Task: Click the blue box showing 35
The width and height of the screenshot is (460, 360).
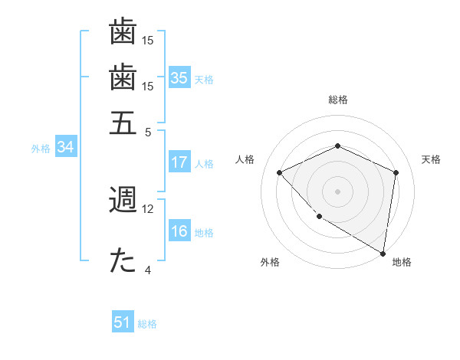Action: [179, 78]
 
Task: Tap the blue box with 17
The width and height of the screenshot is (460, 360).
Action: [179, 162]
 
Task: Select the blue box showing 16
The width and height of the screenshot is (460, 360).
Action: [179, 232]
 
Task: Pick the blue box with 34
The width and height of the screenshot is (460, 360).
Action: [65, 148]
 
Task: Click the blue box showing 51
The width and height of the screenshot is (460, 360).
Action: [123, 322]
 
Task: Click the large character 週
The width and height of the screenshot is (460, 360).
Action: [123, 200]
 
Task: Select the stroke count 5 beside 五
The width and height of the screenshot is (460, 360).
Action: [148, 131]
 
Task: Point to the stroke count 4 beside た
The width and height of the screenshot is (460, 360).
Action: [148, 270]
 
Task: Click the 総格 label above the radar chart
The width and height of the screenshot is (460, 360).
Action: [337, 100]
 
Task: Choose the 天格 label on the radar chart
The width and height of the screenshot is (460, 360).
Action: [431, 159]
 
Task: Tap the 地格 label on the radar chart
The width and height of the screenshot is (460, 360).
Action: [402, 263]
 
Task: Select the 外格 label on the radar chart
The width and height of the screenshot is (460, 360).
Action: [270, 263]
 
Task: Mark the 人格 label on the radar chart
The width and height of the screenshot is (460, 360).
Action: [245, 159]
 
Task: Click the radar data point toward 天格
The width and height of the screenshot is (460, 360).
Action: [396, 172]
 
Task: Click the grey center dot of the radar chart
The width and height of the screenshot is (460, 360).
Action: [337, 191]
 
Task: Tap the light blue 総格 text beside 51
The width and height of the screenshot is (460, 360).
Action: [147, 324]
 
